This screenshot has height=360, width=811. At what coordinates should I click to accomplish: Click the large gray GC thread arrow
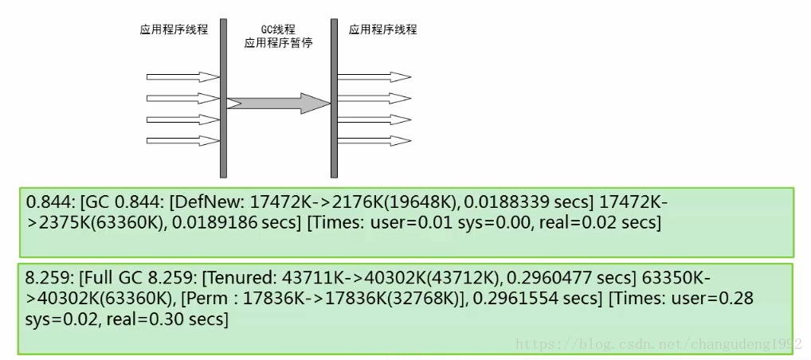(279, 103)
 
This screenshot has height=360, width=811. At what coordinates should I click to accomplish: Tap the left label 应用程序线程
(174, 29)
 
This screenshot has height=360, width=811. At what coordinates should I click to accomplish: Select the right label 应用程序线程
(382, 29)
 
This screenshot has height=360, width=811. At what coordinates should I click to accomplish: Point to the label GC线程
(278, 29)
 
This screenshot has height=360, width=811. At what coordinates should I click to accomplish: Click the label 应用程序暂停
(278, 43)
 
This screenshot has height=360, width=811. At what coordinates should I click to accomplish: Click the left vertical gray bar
(224, 100)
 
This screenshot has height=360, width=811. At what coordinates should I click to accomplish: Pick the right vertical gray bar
(334, 100)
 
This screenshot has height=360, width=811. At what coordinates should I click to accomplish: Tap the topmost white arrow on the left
(182, 77)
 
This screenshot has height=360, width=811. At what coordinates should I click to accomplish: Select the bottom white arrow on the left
(182, 141)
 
